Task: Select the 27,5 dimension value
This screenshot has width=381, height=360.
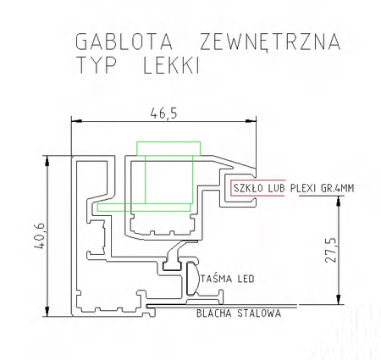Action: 331,250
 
